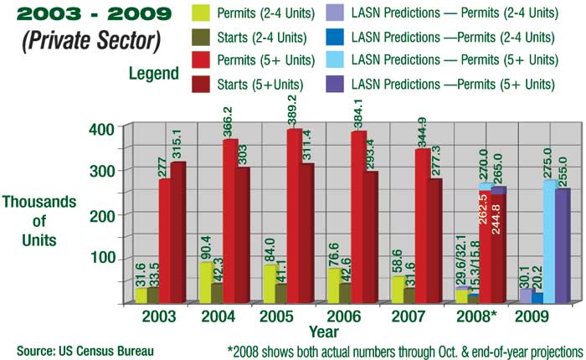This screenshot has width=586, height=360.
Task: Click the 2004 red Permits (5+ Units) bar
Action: click(x=230, y=222)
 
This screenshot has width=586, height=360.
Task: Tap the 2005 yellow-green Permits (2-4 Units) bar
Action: click(x=270, y=285)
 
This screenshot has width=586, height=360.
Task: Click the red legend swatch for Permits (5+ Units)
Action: click(x=205, y=60)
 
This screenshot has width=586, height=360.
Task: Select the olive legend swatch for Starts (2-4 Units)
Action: click(x=205, y=37)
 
